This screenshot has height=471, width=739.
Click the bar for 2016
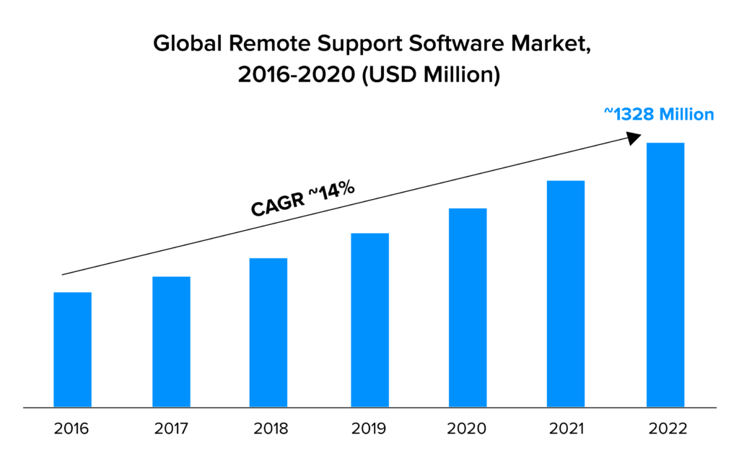(x=72, y=350)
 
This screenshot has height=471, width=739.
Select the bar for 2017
(x=171, y=342)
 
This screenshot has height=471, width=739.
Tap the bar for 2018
(x=268, y=333)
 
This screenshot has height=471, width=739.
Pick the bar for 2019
(x=369, y=320)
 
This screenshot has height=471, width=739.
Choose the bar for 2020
(x=468, y=308)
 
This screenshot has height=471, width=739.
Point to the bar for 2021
(x=566, y=294)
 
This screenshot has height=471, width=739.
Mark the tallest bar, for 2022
(x=665, y=275)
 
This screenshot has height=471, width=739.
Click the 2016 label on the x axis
(x=72, y=429)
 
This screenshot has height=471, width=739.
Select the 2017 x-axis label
(x=171, y=429)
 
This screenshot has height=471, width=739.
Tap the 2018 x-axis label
(x=270, y=429)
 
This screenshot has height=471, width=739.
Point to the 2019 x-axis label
(x=369, y=429)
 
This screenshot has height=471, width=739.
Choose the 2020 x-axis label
(x=468, y=429)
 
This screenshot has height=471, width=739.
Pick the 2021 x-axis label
(x=566, y=429)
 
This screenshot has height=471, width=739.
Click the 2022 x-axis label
(x=665, y=429)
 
